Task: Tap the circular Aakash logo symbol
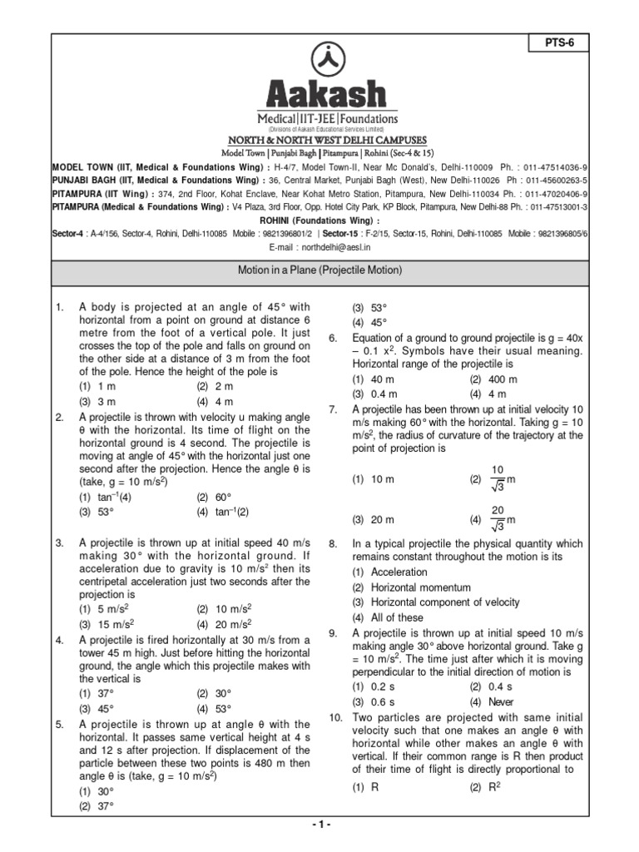320,59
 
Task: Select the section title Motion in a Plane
319,270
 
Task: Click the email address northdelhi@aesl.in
319,247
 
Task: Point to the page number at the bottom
319,824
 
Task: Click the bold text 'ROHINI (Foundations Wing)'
319,220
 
